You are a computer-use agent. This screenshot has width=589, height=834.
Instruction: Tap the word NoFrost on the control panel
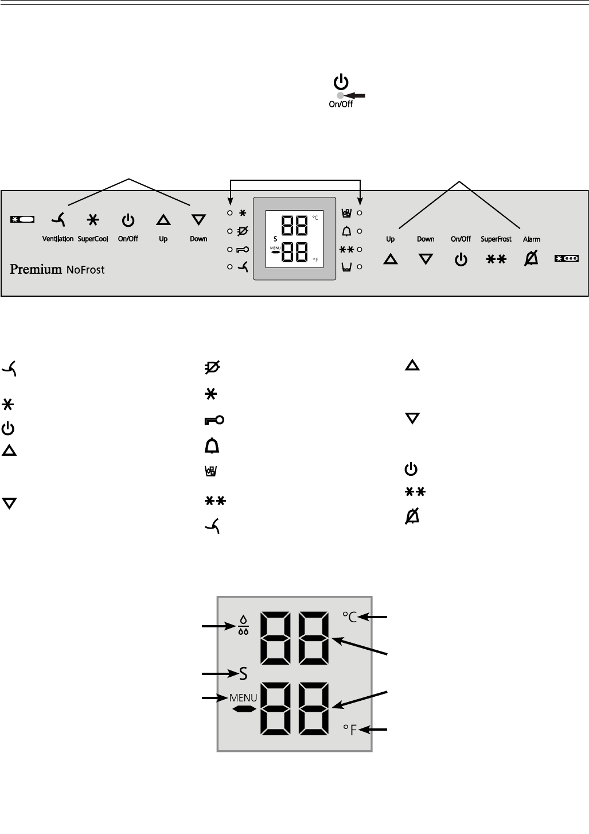click(x=84, y=269)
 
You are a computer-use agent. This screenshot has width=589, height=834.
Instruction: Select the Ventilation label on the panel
click(x=57, y=239)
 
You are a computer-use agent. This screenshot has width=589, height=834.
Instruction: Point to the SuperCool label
click(x=93, y=239)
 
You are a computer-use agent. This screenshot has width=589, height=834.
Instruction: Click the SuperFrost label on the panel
click(x=496, y=239)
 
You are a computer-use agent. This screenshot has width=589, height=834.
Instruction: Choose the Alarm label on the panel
click(x=532, y=239)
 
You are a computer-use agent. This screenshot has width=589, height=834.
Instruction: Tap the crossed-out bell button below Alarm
click(x=532, y=259)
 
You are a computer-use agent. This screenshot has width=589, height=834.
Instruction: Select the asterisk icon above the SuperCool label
click(x=92, y=219)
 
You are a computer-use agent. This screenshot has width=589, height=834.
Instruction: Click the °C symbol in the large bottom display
click(x=350, y=617)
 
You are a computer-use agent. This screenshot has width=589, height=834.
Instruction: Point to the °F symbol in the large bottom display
click(x=350, y=730)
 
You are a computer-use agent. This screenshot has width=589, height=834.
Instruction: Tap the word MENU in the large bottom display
click(x=243, y=698)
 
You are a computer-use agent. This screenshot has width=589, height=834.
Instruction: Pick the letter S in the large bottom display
click(x=243, y=673)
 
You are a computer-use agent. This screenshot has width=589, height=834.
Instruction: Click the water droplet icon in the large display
click(x=243, y=626)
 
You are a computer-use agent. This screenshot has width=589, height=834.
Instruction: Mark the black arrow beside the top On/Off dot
click(x=355, y=95)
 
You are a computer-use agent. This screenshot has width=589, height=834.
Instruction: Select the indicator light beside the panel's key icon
click(x=229, y=250)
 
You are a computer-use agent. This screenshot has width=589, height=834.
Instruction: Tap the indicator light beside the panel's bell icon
click(x=360, y=231)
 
